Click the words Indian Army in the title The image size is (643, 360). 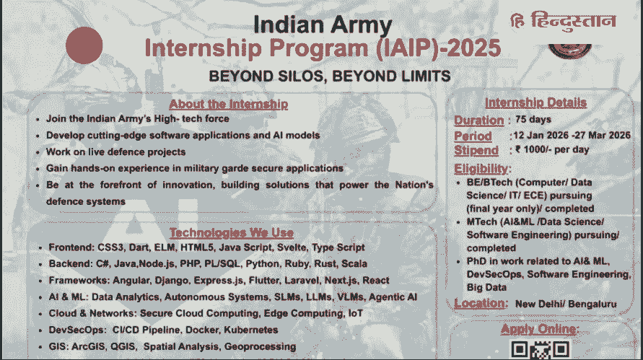click(x=322, y=25)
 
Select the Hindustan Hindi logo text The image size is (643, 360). click(x=563, y=21)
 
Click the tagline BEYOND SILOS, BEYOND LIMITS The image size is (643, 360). click(x=330, y=76)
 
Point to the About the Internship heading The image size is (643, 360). click(x=228, y=104)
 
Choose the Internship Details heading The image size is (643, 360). click(x=535, y=102)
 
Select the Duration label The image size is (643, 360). click(x=478, y=120)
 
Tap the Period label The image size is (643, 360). click(x=473, y=136)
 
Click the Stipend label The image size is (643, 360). click(x=476, y=150)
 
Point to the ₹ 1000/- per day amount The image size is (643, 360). click(x=552, y=150)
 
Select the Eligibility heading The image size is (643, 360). click(x=482, y=168)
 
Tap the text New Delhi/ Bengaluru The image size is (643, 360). click(x=565, y=304)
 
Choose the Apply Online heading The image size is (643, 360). click(x=540, y=329)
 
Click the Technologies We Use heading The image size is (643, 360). click(x=231, y=232)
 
